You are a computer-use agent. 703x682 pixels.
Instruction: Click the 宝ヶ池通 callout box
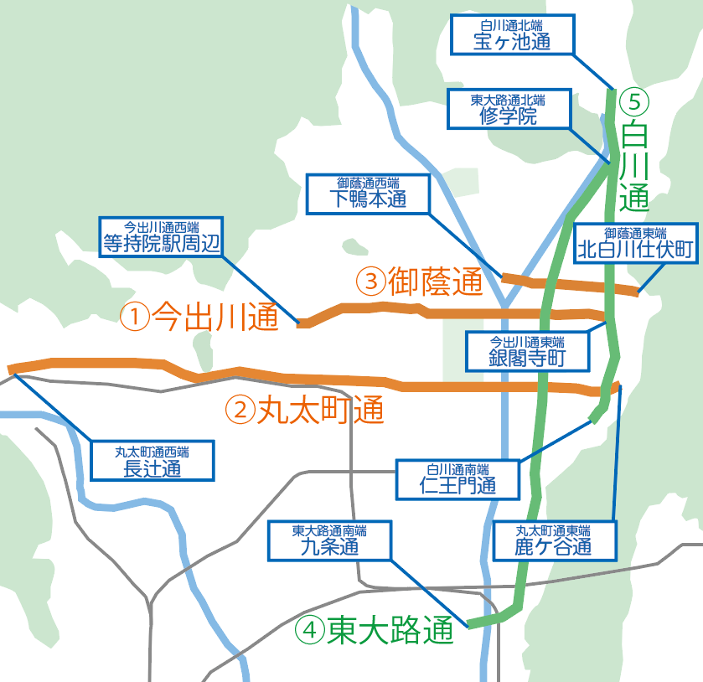[x=512, y=35]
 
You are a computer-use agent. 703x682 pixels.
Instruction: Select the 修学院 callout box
[x=509, y=109]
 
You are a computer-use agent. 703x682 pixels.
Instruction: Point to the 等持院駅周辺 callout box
[x=161, y=237]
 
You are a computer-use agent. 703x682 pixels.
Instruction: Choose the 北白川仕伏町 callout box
[x=636, y=243]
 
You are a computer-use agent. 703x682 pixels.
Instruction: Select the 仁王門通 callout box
[x=457, y=478]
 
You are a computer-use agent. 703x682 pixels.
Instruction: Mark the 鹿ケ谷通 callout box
[x=554, y=540]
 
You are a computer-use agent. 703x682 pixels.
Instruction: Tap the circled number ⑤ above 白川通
[x=634, y=103]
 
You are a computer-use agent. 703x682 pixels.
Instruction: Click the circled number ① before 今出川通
[x=134, y=317]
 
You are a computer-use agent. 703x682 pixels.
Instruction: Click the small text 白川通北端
[x=512, y=24]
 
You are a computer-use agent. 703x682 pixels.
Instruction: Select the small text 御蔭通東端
[x=636, y=232]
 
